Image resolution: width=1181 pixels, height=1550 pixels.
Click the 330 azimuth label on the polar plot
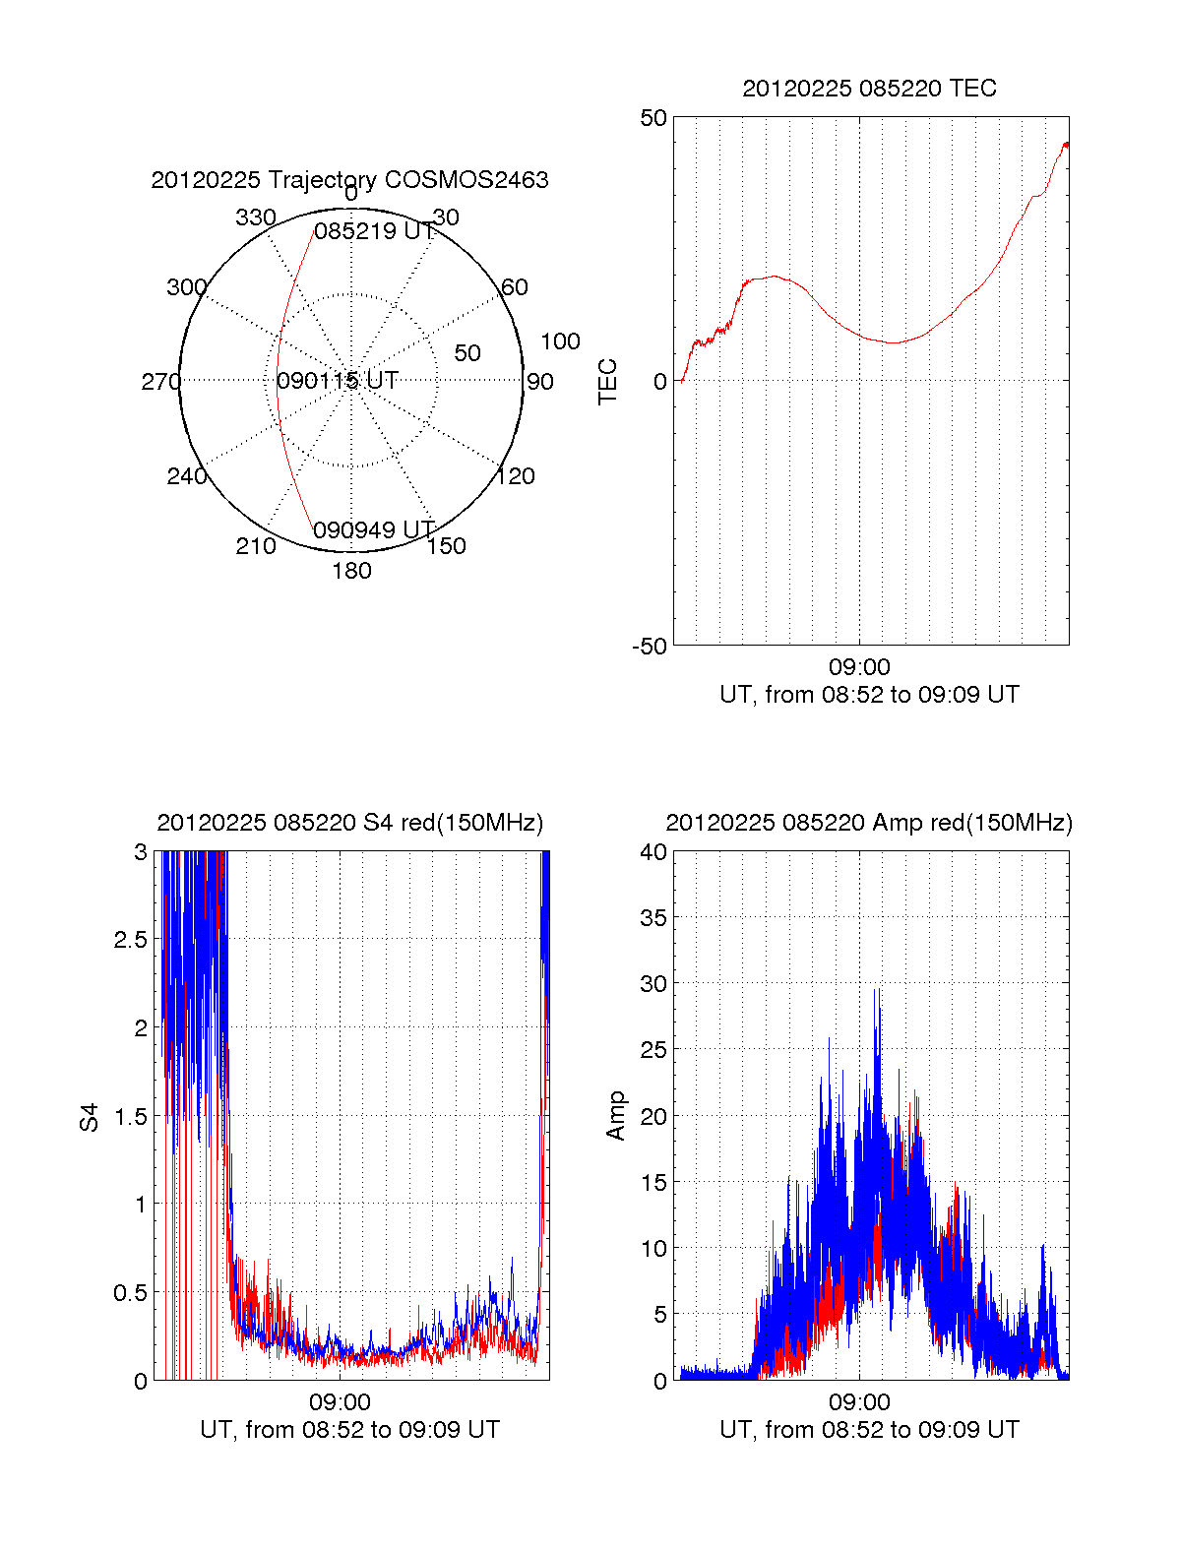coord(255,217)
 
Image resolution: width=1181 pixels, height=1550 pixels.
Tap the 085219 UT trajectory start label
coord(374,231)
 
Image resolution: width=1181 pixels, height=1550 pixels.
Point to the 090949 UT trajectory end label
coord(374,530)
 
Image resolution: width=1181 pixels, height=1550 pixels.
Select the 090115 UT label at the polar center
coord(338,381)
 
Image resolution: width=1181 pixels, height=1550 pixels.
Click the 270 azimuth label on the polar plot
coord(160,382)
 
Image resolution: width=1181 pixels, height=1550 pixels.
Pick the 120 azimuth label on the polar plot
coord(516,477)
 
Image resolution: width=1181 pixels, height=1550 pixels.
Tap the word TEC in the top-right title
coord(973,89)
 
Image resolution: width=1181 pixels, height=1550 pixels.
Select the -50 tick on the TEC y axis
coord(650,647)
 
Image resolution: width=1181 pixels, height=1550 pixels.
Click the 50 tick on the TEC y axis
coord(653,118)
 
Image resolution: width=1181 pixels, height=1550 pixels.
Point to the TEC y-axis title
coord(608,382)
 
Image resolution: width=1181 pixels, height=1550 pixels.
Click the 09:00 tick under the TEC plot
coord(859,668)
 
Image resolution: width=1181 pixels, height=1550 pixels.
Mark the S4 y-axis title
coord(90,1117)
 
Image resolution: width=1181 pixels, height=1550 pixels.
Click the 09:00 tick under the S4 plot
coord(340,1402)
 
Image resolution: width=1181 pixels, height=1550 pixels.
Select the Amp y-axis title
coord(616,1116)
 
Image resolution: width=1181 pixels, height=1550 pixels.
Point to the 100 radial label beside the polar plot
coord(560,341)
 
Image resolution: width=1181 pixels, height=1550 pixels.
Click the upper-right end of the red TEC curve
coord(1066,144)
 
